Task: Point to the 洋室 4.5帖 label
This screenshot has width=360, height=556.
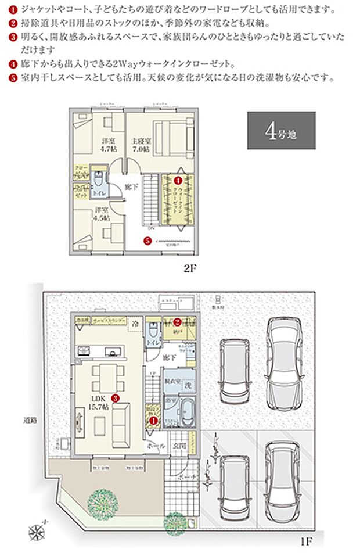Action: (x=102, y=214)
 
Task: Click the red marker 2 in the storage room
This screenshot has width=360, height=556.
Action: (x=178, y=322)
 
